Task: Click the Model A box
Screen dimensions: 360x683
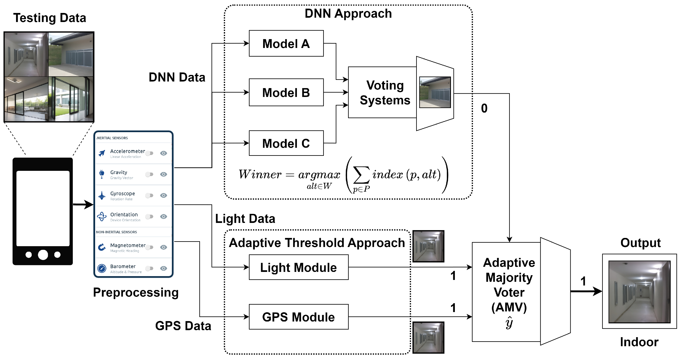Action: [286, 43]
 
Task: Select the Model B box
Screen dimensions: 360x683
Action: [286, 92]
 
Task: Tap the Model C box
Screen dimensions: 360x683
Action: [286, 143]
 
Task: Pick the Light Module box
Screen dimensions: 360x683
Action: [299, 267]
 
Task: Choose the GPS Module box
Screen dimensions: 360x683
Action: [299, 317]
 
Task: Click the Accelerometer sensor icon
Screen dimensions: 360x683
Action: [102, 153]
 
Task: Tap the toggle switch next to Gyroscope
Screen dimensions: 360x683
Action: [150, 196]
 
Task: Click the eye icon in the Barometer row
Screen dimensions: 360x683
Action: [164, 268]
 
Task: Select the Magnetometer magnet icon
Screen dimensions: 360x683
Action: [102, 247]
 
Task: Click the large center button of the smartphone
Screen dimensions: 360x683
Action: [43, 255]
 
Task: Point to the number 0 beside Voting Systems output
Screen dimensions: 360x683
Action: [484, 108]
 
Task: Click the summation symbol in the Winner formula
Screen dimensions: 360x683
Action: [361, 175]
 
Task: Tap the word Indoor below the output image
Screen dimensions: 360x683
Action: [639, 342]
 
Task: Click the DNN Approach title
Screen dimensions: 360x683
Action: [348, 14]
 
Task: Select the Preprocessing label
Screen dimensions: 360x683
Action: [136, 292]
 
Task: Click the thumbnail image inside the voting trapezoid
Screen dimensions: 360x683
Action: [435, 92]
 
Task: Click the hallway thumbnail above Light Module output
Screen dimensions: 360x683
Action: [428, 246]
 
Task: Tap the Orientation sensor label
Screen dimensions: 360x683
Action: [124, 214]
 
